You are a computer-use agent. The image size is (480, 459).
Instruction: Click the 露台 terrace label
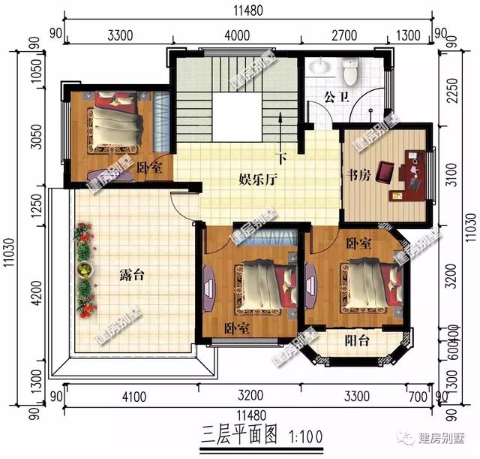(x=132, y=276)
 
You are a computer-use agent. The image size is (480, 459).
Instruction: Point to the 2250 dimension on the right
(x=451, y=92)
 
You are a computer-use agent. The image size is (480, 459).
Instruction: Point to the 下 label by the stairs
(x=281, y=159)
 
